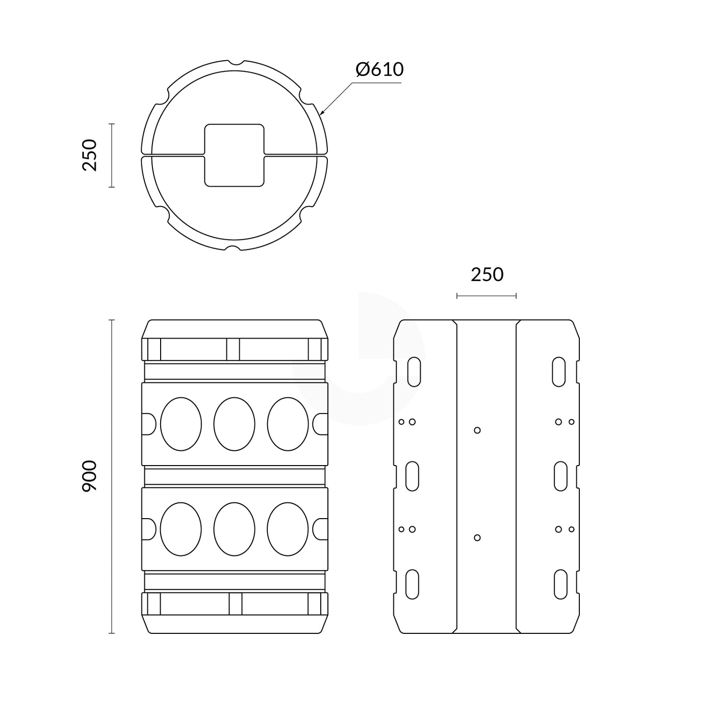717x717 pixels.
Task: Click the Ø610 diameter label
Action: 379,69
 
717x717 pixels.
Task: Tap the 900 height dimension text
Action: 89,476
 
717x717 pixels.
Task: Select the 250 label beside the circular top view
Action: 89,155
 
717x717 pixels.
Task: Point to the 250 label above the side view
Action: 486,275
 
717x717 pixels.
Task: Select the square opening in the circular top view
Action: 234,155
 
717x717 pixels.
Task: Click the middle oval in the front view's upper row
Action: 234,424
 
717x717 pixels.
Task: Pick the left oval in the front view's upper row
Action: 181,424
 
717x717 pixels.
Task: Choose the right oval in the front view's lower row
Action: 288,529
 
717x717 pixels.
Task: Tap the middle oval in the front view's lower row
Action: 234,529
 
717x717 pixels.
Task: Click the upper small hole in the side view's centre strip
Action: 477,430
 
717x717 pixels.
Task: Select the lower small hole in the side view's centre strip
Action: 477,537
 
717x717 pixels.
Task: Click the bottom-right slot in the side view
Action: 560,584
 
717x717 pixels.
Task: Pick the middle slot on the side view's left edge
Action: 412,476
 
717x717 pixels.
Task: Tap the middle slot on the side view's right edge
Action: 560,476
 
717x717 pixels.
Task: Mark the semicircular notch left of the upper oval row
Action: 148,424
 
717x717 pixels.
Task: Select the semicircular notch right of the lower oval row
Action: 320,529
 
